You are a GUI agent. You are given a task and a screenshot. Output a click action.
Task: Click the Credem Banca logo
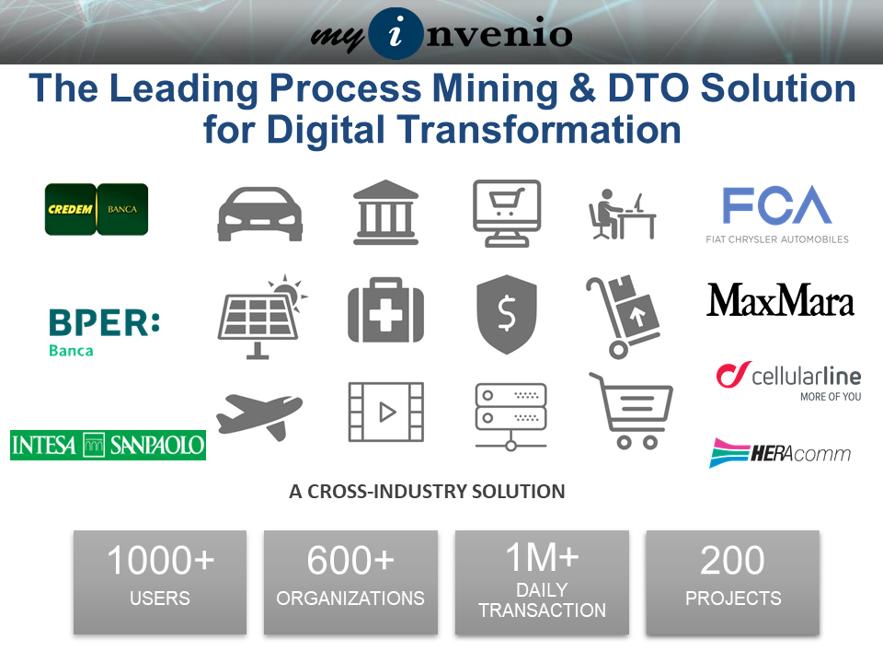click(97, 209)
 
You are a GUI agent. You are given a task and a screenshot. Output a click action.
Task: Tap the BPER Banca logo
click(104, 332)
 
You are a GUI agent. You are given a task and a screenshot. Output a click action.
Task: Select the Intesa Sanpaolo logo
click(109, 446)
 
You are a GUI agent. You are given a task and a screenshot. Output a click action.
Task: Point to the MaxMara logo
click(781, 300)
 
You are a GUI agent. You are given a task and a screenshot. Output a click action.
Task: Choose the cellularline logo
click(788, 381)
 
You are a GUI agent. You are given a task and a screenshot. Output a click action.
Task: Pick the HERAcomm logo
click(780, 453)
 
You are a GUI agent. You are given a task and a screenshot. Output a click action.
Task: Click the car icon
click(260, 214)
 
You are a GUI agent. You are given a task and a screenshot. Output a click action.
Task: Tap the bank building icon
click(385, 213)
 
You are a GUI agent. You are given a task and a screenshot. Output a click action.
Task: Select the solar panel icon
click(262, 316)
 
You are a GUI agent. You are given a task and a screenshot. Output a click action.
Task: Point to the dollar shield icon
click(506, 314)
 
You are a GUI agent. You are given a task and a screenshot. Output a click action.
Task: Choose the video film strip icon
click(386, 412)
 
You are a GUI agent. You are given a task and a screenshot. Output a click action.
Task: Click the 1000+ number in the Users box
click(160, 561)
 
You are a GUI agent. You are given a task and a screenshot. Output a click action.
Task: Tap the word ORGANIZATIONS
click(350, 599)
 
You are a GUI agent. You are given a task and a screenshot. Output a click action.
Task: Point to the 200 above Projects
click(733, 561)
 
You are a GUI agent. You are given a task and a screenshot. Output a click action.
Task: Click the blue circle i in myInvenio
click(396, 34)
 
